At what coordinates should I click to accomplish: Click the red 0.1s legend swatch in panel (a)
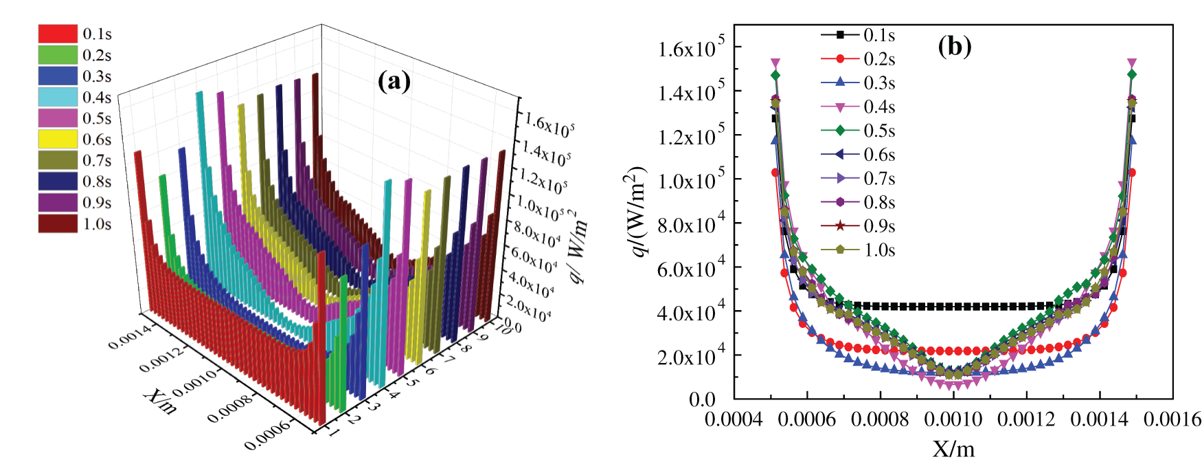tap(58, 34)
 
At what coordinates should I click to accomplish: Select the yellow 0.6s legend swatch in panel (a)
tap(58, 140)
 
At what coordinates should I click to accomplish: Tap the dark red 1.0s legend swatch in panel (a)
tap(58, 224)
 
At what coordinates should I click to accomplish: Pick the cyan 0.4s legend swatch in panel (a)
tap(58, 97)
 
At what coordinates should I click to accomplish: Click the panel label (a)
tap(394, 81)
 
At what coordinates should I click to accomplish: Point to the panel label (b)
tap(955, 46)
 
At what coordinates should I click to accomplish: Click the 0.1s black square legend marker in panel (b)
tap(839, 35)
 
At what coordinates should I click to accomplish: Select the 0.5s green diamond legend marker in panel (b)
tap(839, 131)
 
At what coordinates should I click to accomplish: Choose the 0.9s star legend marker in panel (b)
tap(839, 226)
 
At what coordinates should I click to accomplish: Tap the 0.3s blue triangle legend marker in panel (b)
tap(839, 82)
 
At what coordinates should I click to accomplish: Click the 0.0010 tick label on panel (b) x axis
tap(953, 419)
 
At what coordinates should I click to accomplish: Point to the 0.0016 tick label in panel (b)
tap(1172, 419)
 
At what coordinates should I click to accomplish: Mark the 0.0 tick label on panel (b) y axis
tap(702, 399)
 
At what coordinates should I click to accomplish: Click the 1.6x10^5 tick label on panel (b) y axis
tap(690, 48)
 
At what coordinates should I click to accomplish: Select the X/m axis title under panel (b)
tap(953, 448)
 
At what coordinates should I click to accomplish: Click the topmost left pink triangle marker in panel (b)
tap(775, 63)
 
